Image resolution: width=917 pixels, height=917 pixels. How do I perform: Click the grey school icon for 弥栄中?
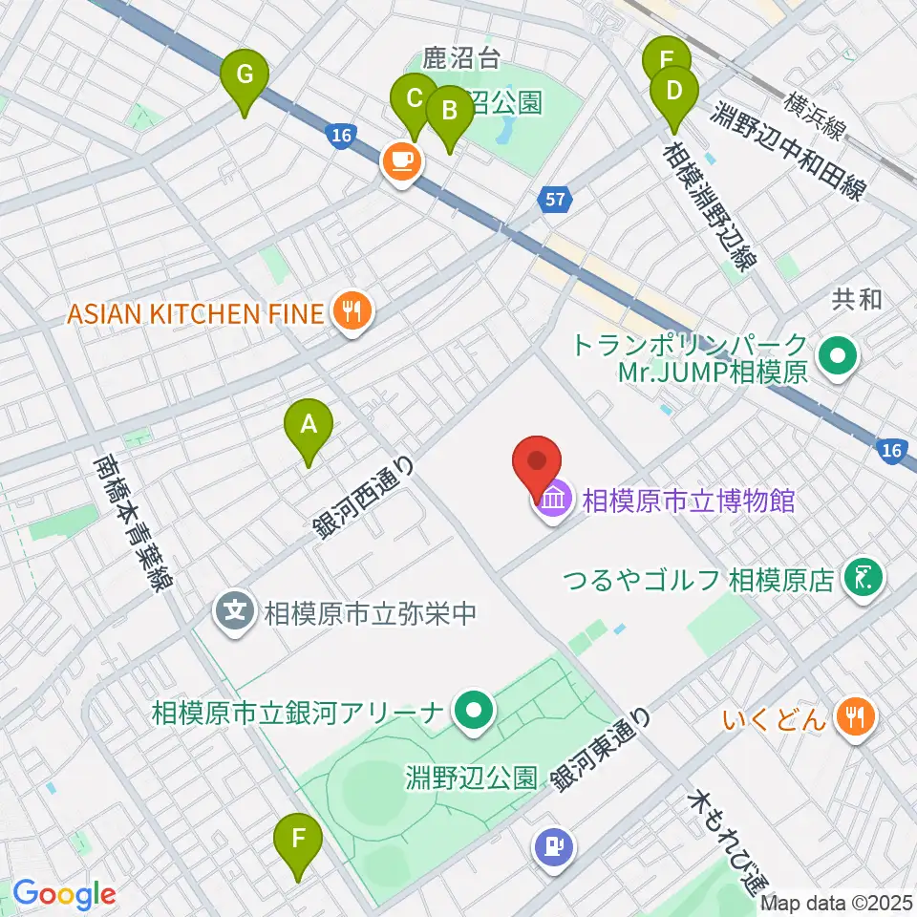(x=235, y=608)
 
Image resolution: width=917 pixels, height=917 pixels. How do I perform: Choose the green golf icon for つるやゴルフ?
(x=864, y=579)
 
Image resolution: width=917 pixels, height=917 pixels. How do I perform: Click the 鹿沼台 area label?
(x=461, y=59)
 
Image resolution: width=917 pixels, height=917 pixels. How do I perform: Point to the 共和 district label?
(x=856, y=300)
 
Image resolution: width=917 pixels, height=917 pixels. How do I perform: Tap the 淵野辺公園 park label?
(x=483, y=777)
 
